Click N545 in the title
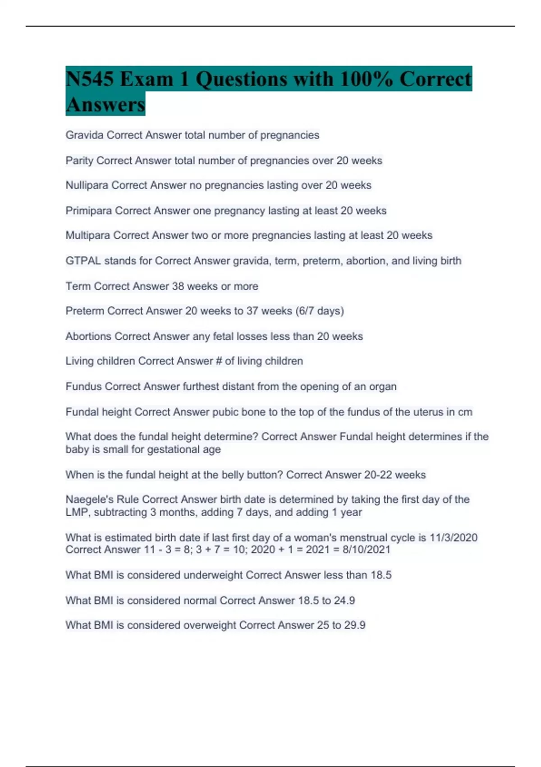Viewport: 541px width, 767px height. (89, 79)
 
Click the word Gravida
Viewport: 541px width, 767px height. (84, 135)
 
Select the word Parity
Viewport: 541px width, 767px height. (79, 161)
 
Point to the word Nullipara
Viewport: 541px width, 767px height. (87, 185)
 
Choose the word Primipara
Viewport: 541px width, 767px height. (88, 211)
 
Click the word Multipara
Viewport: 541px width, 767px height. (87, 236)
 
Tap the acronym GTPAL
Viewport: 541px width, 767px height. (83, 261)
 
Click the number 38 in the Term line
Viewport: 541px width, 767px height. (178, 286)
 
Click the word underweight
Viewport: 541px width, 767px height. (213, 575)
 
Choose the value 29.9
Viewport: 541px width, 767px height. (354, 625)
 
